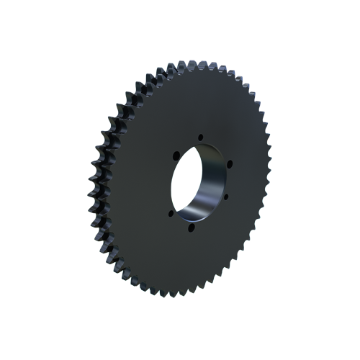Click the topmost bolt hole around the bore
200,137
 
